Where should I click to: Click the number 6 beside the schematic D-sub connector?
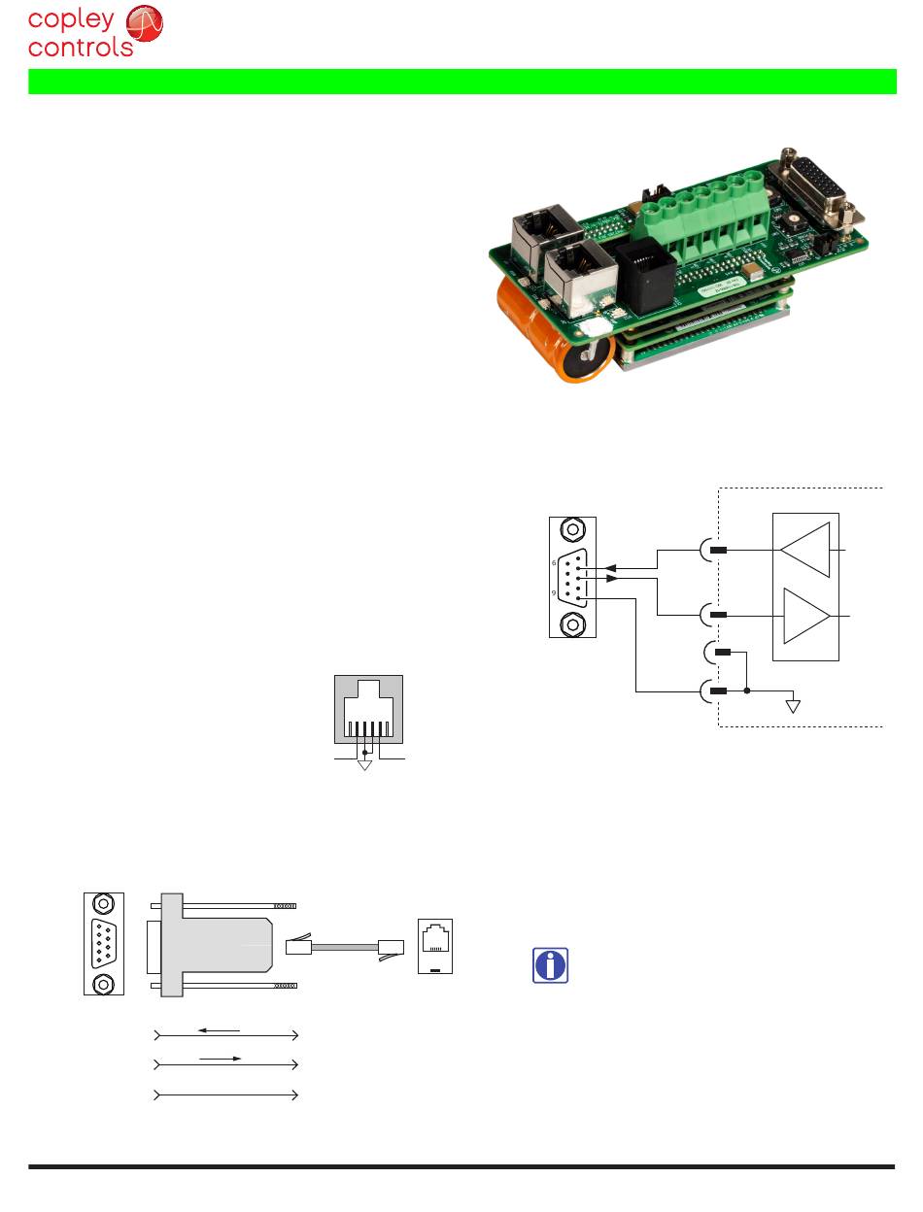click(554, 562)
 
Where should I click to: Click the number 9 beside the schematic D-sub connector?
click(554, 592)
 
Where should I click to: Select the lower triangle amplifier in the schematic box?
click(806, 616)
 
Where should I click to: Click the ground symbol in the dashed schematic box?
click(793, 705)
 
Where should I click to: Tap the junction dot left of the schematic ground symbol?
click(746, 691)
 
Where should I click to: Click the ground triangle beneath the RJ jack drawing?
click(365, 764)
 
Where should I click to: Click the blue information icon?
click(551, 965)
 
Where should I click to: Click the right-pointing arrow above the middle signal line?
click(220, 1058)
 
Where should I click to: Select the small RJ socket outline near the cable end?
click(435, 945)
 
